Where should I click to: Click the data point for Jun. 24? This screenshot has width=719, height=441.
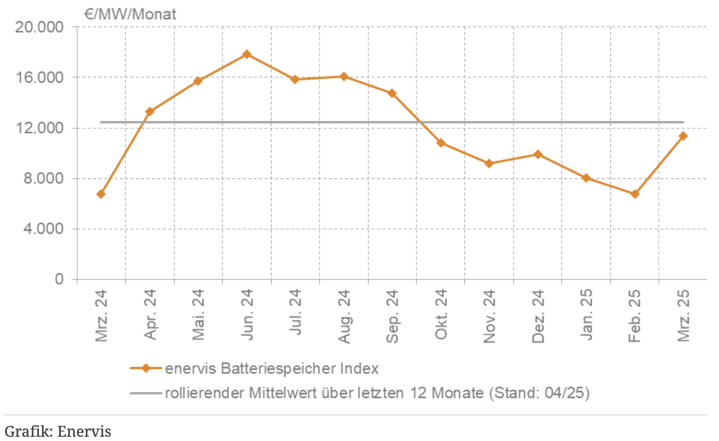point(247,54)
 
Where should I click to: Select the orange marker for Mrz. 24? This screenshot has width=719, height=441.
point(101,194)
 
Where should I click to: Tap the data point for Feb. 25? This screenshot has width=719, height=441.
point(635,194)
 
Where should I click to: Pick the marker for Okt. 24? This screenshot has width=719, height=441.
point(441,143)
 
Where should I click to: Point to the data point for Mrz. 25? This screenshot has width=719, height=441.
point(683,136)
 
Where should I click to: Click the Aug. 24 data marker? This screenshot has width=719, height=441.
point(344,76)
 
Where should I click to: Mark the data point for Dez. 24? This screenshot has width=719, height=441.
point(538,154)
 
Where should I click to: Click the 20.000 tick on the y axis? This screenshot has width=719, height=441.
point(40,27)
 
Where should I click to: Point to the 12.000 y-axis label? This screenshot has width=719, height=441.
point(40,128)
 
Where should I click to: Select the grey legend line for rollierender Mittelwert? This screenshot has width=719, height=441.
point(145,394)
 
